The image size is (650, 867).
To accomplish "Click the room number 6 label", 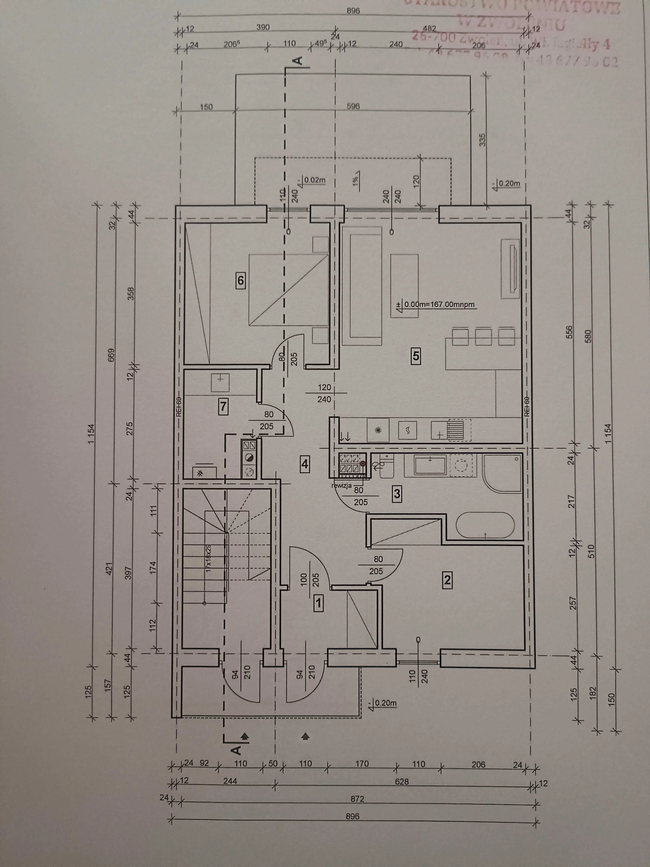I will pos(241,281).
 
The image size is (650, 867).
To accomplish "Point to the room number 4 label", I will pos(305,465).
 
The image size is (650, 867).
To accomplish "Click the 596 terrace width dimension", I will pos(353,106).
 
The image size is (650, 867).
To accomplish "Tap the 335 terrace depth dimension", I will pos(482,140).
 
